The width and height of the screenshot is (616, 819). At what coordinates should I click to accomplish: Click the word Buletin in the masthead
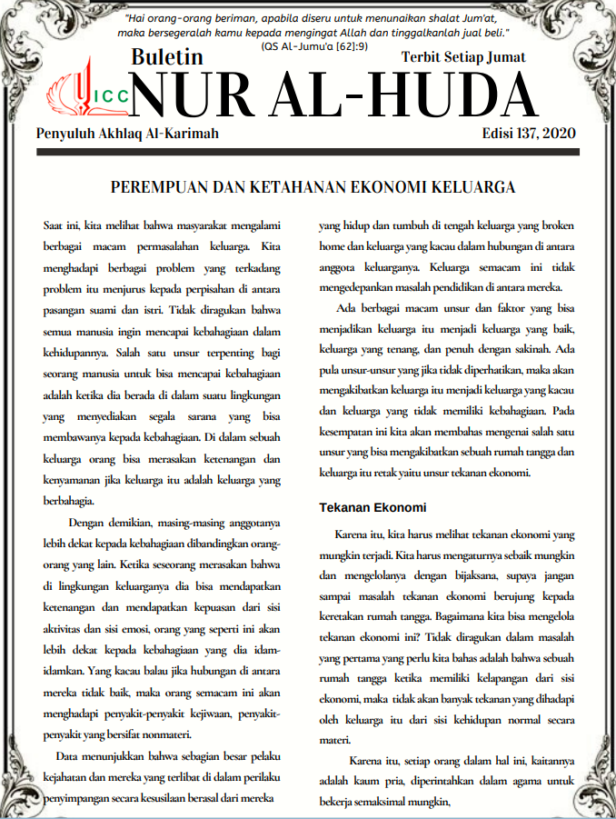point(167,56)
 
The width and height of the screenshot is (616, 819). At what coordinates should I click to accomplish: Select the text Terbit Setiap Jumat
point(463,57)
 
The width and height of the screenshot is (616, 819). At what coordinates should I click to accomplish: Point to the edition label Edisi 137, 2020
point(529,134)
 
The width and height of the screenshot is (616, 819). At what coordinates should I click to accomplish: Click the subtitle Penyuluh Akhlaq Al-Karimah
point(127,134)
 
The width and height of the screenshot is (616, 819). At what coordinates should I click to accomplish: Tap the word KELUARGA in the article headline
point(471,187)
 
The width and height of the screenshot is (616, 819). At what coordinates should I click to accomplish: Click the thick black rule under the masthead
point(308,153)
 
